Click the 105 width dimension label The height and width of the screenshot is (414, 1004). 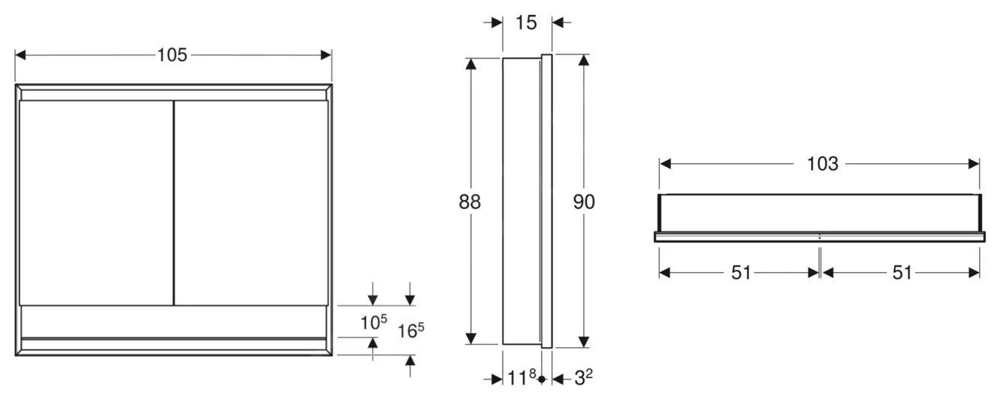click(x=172, y=55)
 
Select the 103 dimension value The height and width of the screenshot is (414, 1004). click(x=822, y=164)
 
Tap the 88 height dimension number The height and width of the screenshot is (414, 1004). click(x=470, y=201)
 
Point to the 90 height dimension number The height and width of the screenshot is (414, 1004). click(x=584, y=201)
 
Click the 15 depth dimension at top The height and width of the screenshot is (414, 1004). click(x=527, y=23)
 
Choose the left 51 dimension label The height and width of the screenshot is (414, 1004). click(x=741, y=273)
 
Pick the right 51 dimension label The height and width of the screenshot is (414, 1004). click(x=902, y=273)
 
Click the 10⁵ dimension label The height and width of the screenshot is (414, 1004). click(x=373, y=322)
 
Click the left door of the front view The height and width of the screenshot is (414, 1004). click(x=95, y=203)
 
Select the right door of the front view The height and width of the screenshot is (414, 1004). click(x=250, y=203)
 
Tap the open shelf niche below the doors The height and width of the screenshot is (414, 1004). click(x=173, y=322)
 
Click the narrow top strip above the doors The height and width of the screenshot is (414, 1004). click(x=173, y=95)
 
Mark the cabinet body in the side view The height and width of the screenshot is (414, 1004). click(x=520, y=201)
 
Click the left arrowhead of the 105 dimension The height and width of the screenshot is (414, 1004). click(x=20, y=55)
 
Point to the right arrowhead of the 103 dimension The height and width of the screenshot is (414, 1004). click(x=975, y=164)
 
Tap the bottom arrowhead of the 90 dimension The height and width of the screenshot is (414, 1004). click(x=584, y=343)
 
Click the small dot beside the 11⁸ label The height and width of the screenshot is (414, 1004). click(x=541, y=379)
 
